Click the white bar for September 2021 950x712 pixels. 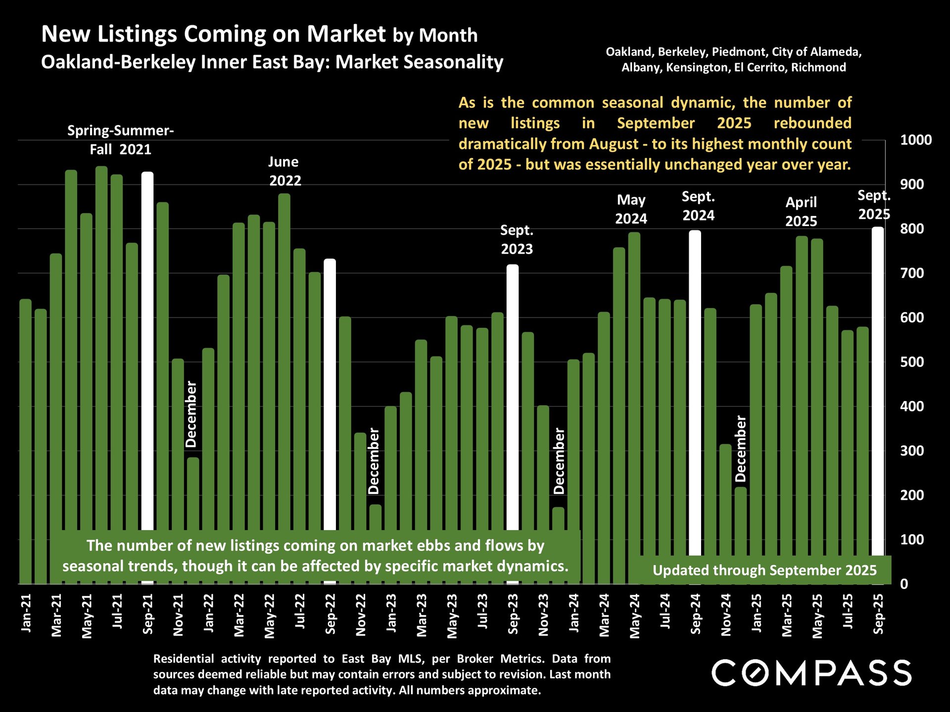(x=147, y=346)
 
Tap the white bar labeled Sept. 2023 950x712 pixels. (x=513, y=396)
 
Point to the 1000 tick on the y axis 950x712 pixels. (x=915, y=140)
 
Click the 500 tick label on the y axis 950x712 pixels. (x=911, y=362)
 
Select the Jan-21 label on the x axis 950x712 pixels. (x=26, y=613)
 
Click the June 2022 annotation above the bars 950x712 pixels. (x=284, y=171)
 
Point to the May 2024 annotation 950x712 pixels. (x=631, y=209)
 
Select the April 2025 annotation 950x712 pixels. (x=801, y=212)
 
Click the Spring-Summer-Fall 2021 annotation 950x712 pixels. (x=120, y=140)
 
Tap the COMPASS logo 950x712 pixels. (x=811, y=673)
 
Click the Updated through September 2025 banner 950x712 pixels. (x=764, y=570)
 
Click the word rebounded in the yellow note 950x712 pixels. (x=812, y=123)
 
